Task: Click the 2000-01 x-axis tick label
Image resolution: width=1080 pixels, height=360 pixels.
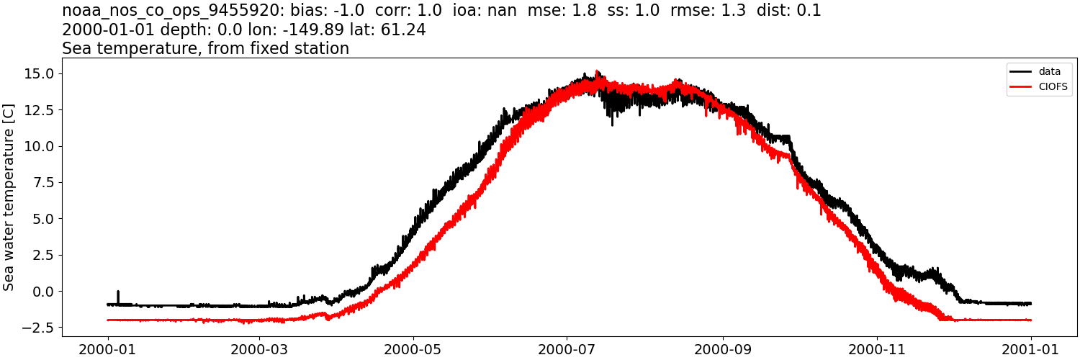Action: pyautogui.click(x=108, y=349)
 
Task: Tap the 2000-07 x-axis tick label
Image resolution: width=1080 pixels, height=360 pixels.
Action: pyautogui.click(x=567, y=349)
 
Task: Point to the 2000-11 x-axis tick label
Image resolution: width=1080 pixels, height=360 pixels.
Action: pyautogui.click(x=877, y=349)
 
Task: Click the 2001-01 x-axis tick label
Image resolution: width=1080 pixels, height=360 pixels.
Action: pyautogui.click(x=1031, y=349)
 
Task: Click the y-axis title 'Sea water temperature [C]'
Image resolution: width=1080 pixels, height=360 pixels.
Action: pyautogui.click(x=9, y=197)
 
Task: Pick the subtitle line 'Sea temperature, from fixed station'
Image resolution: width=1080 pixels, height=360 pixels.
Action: pyautogui.click(x=205, y=49)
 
